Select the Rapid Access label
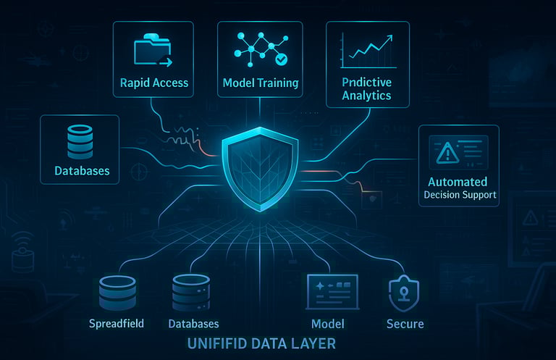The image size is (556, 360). pos(153,83)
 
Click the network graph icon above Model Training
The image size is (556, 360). pos(258,49)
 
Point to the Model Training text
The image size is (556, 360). pos(259,83)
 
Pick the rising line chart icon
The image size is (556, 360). pos(368,51)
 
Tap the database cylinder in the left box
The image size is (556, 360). pos(80,141)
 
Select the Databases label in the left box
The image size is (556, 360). pos(82,171)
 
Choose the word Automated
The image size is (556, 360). pos(458,182)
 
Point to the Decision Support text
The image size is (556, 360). pos(461,195)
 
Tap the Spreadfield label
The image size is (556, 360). pos(117,323)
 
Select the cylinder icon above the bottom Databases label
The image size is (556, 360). pos(190,293)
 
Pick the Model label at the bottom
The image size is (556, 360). pos(327,323)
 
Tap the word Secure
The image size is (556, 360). pos(405,323)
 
